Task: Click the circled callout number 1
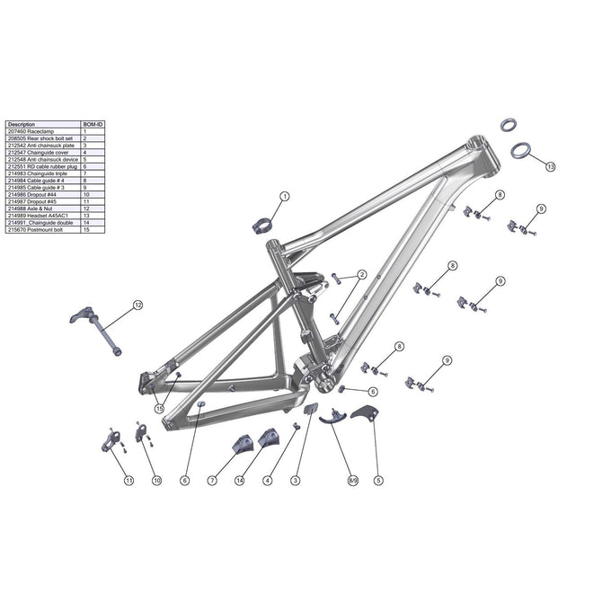285,196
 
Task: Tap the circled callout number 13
550,166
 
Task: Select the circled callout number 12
137,305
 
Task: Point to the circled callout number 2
361,275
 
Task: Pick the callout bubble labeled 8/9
353,482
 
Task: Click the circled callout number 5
379,482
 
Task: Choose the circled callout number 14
240,482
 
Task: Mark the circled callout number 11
128,482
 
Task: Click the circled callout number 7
212,482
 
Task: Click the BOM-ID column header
93,125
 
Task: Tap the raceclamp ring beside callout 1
260,226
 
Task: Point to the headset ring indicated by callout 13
521,150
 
